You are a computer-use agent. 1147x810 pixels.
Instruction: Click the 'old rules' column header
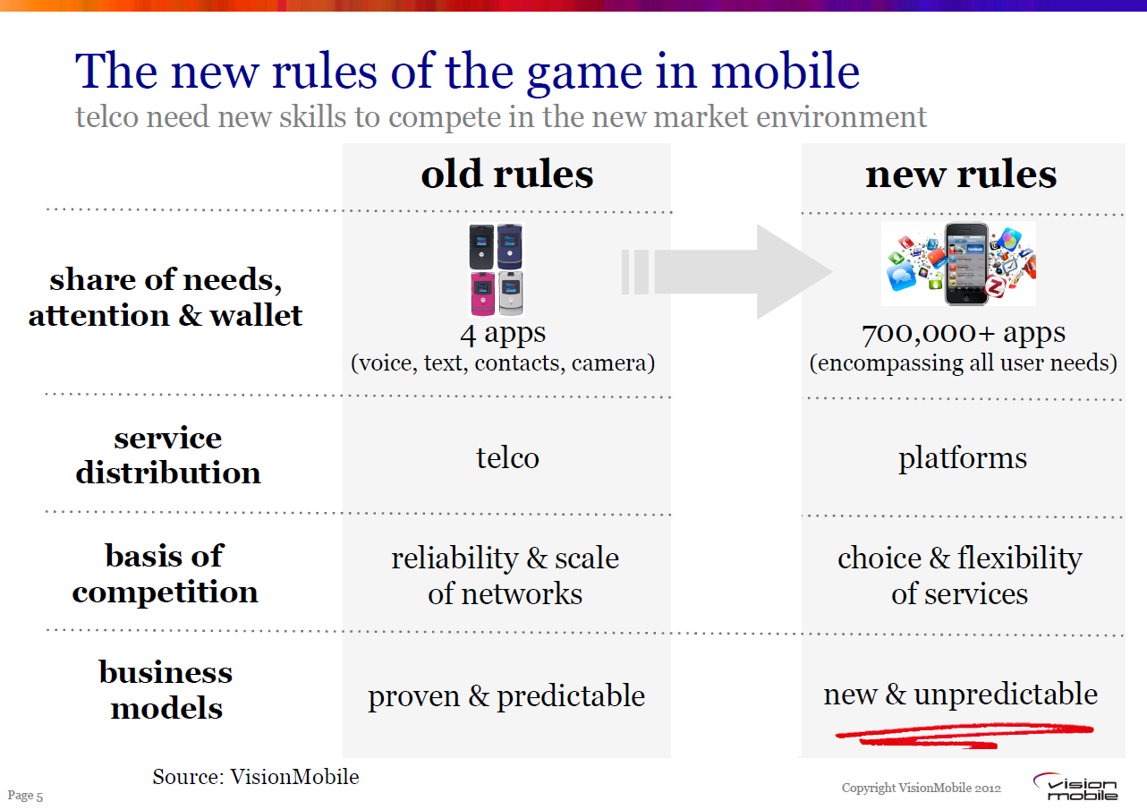pos(507,175)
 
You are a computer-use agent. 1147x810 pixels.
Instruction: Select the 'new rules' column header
pos(961,175)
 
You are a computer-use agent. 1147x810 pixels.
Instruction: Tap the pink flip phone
pos(482,294)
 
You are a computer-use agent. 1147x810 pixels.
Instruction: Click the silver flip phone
pos(511,294)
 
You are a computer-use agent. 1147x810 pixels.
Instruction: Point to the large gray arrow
pos(727,271)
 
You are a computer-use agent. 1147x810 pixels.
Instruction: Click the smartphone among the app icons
pos(966,264)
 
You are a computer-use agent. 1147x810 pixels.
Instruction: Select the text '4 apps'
pos(503,333)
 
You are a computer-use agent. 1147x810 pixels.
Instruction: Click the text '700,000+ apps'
pos(964,333)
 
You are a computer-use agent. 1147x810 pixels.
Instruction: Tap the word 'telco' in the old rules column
pos(507,457)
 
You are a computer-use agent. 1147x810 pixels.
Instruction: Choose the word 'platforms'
pos(963,458)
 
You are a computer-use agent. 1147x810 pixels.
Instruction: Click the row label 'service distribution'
pos(168,455)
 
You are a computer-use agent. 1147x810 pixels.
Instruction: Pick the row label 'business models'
pos(166,689)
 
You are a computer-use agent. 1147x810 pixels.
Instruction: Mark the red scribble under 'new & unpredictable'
pos(964,735)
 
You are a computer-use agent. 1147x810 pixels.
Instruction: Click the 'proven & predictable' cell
pos(506,696)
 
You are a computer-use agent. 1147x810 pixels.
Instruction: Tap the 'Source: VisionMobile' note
pos(256,777)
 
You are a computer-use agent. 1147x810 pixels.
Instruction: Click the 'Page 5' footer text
pos(25,796)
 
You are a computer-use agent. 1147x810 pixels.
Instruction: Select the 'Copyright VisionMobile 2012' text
pos(922,788)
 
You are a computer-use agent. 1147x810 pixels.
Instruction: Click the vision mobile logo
pos(1075,787)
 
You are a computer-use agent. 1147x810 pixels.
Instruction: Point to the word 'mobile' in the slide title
pos(786,72)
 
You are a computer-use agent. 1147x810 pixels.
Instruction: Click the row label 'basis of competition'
pos(165,574)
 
